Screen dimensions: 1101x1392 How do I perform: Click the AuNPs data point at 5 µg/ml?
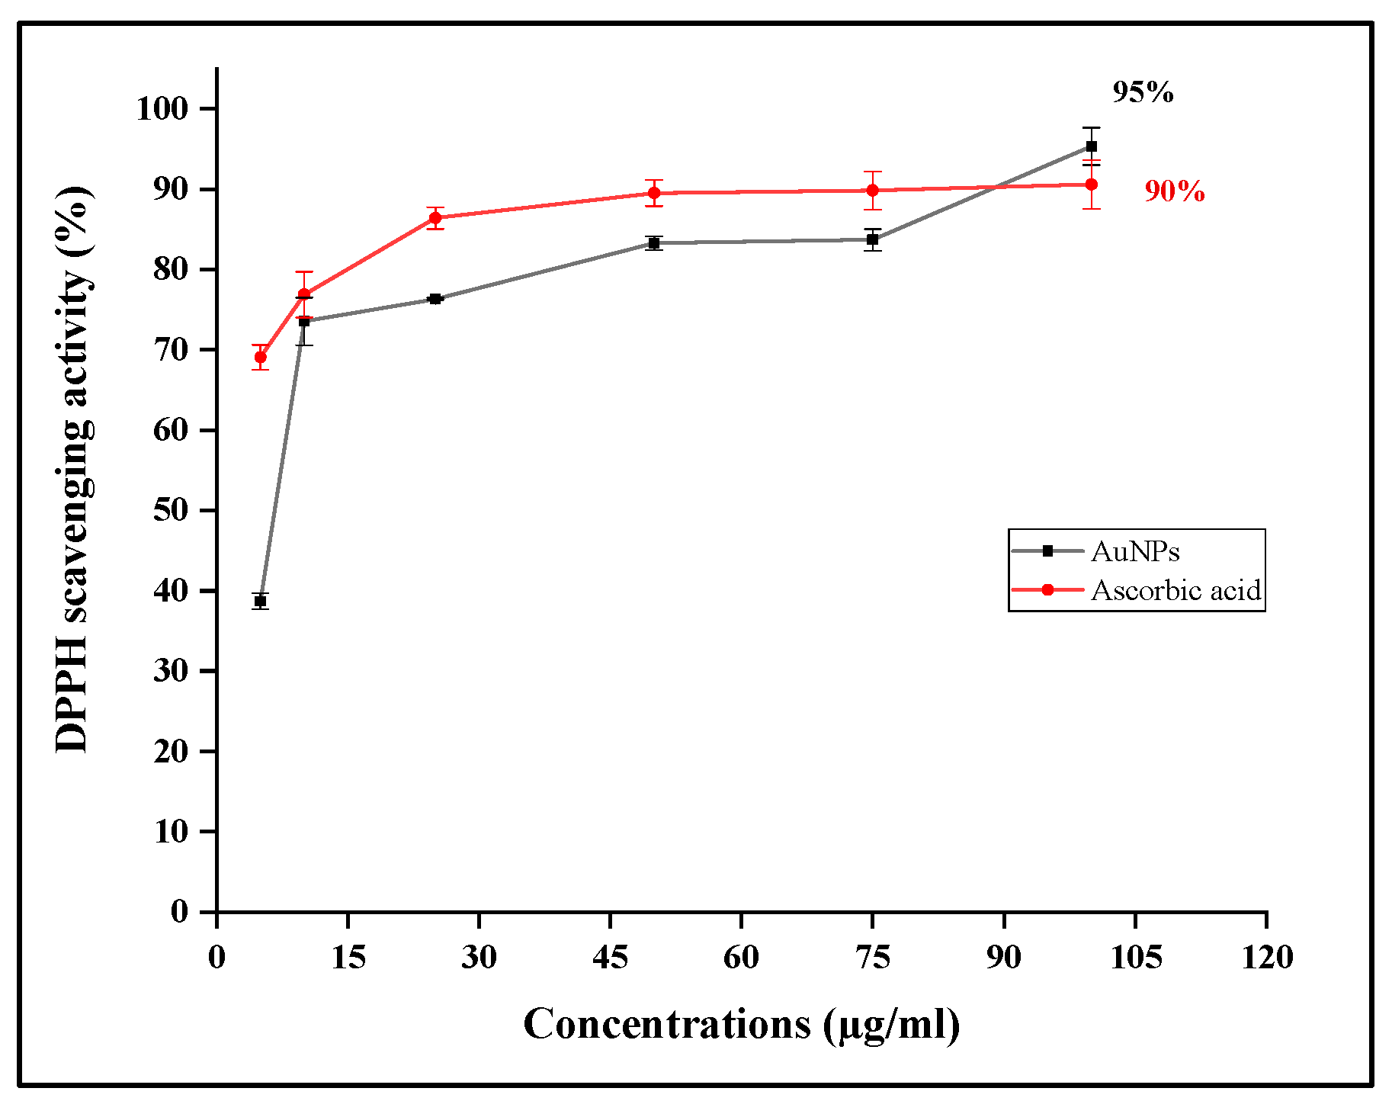261,602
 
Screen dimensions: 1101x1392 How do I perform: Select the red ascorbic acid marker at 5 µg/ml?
261,357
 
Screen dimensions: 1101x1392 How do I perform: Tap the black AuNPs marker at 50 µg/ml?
654,243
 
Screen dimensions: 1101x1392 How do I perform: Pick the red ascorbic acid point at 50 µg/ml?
654,193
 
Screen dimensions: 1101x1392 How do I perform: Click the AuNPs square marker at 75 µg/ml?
873,239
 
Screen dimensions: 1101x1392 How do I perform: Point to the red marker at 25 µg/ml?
435,217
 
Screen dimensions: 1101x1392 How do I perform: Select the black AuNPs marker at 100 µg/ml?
1092,146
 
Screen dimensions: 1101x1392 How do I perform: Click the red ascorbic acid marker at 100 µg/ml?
1092,185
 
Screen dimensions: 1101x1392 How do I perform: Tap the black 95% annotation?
1143,92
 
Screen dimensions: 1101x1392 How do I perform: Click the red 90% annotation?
1175,191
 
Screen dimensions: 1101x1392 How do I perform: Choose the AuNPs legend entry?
1135,551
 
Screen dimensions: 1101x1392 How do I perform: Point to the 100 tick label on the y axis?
162,108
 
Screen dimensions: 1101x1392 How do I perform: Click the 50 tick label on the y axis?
171,510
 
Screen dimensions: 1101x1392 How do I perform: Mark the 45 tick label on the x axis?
611,957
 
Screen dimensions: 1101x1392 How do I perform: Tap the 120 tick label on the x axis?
1267,957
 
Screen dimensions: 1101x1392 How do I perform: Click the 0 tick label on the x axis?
217,957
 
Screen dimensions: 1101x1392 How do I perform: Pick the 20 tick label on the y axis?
171,751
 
